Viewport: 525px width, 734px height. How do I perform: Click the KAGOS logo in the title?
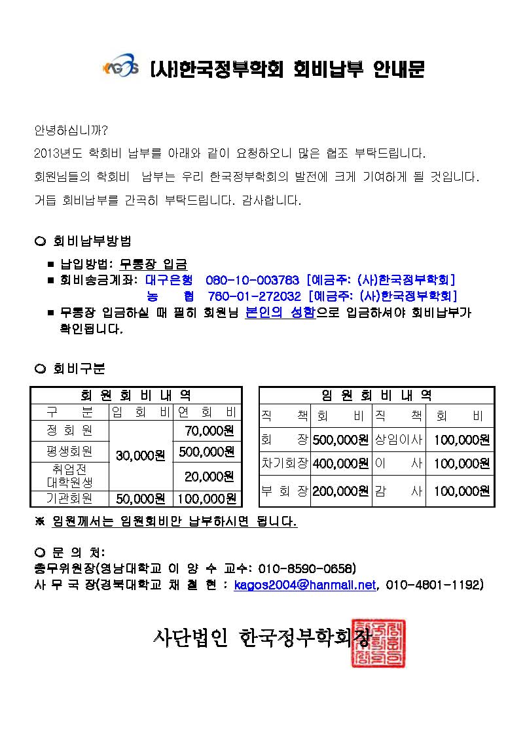click(x=120, y=68)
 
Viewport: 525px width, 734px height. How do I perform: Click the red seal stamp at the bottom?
click(x=378, y=642)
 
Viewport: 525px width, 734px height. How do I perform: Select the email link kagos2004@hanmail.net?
click(x=305, y=584)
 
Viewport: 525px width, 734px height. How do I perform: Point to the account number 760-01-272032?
click(x=253, y=296)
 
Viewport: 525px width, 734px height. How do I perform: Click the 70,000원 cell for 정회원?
click(x=206, y=430)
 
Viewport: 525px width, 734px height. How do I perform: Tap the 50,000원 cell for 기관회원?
click(x=140, y=499)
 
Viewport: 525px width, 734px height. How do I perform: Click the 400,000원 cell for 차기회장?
click(x=340, y=463)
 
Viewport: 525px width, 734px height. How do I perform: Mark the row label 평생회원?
click(x=69, y=452)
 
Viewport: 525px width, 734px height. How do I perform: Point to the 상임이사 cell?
click(x=398, y=439)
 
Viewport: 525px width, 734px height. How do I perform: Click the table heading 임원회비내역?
click(x=376, y=395)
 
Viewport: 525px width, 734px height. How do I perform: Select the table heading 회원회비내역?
click(x=136, y=395)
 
